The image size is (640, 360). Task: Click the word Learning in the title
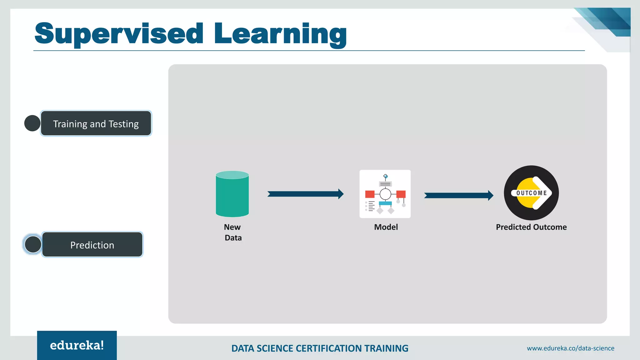click(280, 34)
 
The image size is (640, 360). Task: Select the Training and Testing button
click(96, 123)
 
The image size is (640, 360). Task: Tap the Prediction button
click(92, 245)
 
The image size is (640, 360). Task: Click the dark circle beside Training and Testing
click(32, 123)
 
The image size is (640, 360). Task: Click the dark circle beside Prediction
click(33, 244)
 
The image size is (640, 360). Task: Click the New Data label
click(233, 232)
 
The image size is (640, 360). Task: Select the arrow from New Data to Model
click(305, 194)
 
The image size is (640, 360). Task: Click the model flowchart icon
click(385, 194)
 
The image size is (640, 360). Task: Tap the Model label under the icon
click(386, 227)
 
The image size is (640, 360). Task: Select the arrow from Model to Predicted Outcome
click(458, 196)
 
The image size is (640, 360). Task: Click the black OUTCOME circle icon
click(531, 193)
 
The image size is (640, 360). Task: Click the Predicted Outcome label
click(531, 227)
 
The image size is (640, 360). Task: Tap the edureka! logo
click(77, 345)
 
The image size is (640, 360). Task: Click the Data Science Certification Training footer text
click(320, 348)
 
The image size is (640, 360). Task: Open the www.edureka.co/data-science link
click(570, 348)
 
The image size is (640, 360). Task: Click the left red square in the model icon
click(370, 194)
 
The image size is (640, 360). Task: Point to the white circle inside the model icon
click(385, 194)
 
